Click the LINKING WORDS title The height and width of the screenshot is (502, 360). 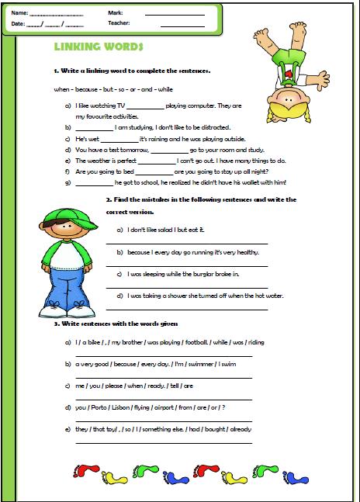click(99, 47)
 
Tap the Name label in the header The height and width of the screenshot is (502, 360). click(20, 13)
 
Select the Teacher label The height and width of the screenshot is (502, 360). click(119, 24)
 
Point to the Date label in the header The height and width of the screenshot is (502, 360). click(19, 24)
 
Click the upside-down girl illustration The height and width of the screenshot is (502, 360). click(282, 68)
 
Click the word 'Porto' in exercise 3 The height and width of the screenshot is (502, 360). click(101, 407)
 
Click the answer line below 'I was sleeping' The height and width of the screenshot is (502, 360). click(186, 287)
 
